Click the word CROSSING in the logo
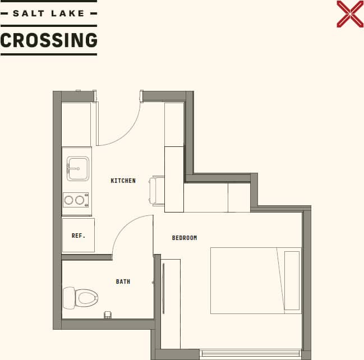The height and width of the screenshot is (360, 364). [49, 40]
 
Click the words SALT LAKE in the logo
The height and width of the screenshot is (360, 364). [48, 13]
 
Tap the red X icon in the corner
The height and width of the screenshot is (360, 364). [350, 14]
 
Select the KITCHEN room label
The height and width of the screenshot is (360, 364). [123, 181]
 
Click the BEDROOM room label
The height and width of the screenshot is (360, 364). [185, 238]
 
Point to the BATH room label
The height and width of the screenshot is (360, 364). [123, 281]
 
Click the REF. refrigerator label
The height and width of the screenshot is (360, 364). [79, 236]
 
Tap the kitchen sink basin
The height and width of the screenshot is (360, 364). [78, 168]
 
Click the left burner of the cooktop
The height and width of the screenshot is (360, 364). [70, 200]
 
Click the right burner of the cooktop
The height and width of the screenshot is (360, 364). [80, 200]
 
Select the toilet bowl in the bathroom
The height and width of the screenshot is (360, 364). [87, 297]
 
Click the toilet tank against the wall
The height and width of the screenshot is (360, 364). [68, 298]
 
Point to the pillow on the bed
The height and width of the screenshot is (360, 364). [292, 280]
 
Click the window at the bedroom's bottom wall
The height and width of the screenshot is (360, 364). [250, 353]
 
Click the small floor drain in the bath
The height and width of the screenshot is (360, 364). [108, 315]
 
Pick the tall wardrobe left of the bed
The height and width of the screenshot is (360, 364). [171, 303]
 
